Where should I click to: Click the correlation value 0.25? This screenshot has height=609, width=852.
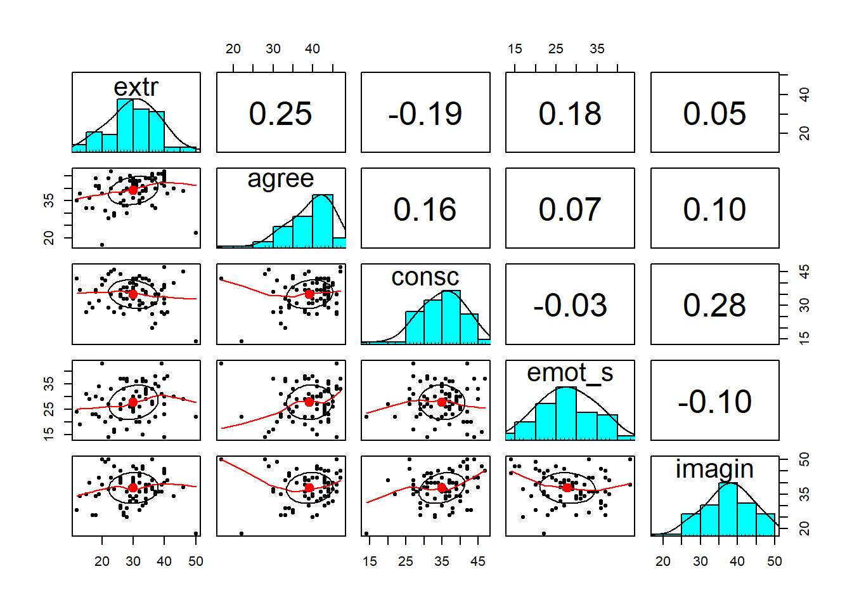[x=280, y=114]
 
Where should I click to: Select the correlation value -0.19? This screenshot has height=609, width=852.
[x=425, y=114]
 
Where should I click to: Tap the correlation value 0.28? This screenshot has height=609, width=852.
[x=714, y=305]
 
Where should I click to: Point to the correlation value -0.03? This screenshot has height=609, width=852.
[x=570, y=305]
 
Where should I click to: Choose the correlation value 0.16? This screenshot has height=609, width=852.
[x=425, y=209]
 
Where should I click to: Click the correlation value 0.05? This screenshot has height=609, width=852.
[x=714, y=114]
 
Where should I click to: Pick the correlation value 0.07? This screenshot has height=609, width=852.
[x=570, y=209]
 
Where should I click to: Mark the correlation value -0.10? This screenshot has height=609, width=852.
[x=714, y=402]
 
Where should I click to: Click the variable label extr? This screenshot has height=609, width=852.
[x=136, y=87]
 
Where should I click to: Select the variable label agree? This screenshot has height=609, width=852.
[x=280, y=179]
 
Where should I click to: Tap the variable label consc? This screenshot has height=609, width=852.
[x=425, y=277]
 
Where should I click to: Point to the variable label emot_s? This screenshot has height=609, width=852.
[x=570, y=373]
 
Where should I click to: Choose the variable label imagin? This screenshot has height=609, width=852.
[x=714, y=469]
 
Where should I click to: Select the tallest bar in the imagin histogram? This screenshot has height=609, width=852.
[x=728, y=510]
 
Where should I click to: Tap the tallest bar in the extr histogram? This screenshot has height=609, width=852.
[x=125, y=126]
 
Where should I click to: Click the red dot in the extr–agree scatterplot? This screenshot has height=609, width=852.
[x=133, y=190]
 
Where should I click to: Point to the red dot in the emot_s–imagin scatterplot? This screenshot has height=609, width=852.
[x=567, y=487]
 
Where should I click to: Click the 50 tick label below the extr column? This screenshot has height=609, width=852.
[x=196, y=561]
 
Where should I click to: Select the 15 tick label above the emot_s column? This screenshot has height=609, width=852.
[x=515, y=49]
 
